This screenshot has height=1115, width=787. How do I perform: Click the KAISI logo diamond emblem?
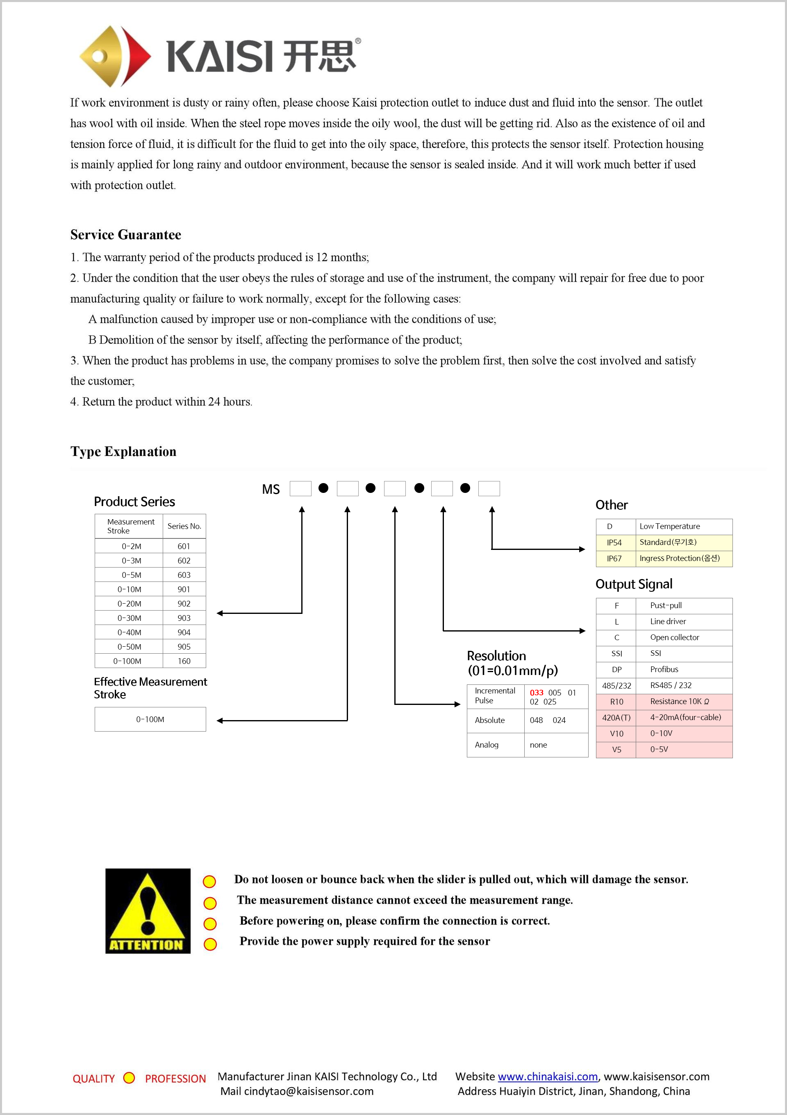[x=115, y=56]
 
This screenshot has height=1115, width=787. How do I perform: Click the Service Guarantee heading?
[x=126, y=235]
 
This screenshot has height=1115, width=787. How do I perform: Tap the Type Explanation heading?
[x=123, y=451]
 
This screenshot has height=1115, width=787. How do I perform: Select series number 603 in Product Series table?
[x=184, y=575]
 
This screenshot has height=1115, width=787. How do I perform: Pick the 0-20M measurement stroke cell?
[x=129, y=604]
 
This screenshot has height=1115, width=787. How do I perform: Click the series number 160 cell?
[x=184, y=661]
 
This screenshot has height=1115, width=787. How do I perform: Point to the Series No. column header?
[x=184, y=526]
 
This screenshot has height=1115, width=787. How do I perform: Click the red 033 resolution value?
[x=537, y=693]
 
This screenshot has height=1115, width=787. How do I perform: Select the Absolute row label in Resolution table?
[x=490, y=720]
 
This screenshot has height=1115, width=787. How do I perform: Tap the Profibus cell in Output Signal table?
[x=664, y=669]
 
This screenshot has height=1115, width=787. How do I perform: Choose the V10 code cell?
[x=616, y=733]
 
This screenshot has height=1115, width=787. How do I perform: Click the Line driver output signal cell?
[x=668, y=621]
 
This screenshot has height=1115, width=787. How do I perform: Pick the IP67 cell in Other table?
[x=614, y=559]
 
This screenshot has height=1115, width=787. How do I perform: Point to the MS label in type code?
[x=271, y=489]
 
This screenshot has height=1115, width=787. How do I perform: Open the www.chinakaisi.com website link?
[x=548, y=1076]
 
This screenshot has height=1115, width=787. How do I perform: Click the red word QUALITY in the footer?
[x=94, y=1079]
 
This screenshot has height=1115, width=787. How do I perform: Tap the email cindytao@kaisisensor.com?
[x=309, y=1091]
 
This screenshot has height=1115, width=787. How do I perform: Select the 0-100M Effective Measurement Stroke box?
[x=150, y=719]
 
